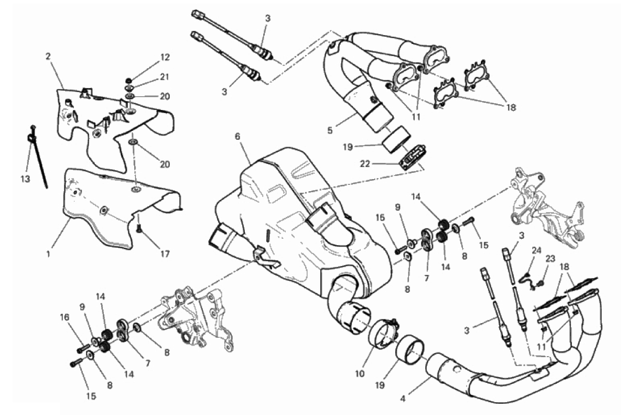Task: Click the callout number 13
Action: [25, 179]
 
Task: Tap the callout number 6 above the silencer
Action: [237, 136]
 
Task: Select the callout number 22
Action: [365, 164]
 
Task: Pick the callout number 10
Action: [360, 373]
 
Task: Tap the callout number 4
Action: [403, 399]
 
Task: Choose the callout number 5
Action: [330, 130]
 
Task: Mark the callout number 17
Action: [165, 253]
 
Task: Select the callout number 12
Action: [165, 57]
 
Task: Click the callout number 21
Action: [165, 76]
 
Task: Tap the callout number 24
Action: [536, 250]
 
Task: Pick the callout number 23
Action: [550, 259]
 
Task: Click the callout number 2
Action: [48, 57]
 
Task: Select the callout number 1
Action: [48, 254]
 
